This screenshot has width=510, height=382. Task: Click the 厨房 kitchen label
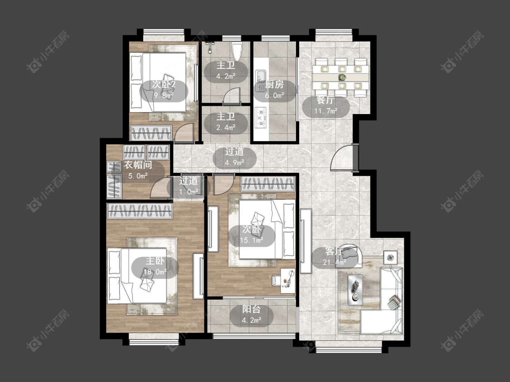[275, 85]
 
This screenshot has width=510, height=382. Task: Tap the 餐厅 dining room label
[325, 100]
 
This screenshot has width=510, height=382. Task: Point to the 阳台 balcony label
[252, 309]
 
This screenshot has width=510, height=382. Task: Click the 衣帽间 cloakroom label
[138, 165]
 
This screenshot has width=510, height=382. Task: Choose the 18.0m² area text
[155, 272]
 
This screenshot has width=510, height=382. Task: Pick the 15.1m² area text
[252, 240]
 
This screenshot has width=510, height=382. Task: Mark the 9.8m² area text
[164, 95]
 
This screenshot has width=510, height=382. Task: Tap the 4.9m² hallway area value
[234, 162]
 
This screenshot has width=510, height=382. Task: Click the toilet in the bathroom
[237, 51]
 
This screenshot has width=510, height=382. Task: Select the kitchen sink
[261, 80]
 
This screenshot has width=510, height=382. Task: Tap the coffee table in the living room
[355, 290]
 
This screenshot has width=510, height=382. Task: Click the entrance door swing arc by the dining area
[337, 154]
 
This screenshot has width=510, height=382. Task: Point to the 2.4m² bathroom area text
[226, 127]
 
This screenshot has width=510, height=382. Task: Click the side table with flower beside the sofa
[390, 258]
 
